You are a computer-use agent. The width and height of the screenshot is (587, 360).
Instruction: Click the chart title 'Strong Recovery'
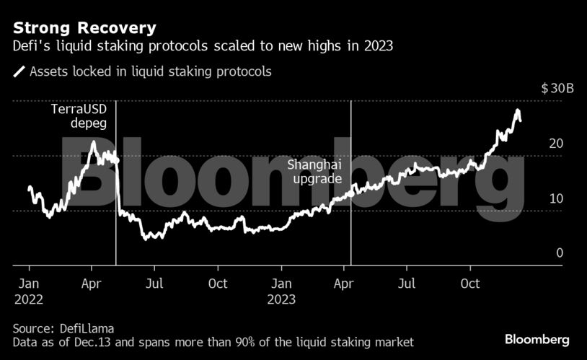(x=84, y=29)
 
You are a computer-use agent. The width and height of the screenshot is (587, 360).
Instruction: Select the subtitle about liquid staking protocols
(x=202, y=47)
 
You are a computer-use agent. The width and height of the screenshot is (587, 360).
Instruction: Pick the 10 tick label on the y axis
(x=555, y=198)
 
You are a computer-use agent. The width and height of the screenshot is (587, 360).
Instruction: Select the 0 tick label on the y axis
(x=559, y=253)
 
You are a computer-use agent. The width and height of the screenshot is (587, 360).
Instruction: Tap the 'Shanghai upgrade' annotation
(x=314, y=172)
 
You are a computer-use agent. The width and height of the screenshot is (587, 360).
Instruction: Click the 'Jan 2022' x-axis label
(x=28, y=291)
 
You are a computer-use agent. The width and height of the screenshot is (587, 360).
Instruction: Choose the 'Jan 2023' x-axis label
(x=281, y=291)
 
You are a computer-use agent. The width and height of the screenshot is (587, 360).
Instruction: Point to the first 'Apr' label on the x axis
(x=92, y=284)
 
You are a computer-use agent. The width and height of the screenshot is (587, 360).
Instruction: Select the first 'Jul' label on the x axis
(x=154, y=284)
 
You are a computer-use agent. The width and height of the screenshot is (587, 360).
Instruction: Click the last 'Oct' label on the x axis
(x=470, y=284)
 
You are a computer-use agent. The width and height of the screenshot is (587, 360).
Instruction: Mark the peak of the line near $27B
(x=517, y=111)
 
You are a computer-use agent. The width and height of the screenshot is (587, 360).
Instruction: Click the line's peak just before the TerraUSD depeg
(x=93, y=142)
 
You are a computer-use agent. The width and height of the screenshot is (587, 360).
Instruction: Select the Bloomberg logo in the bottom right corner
(x=537, y=339)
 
